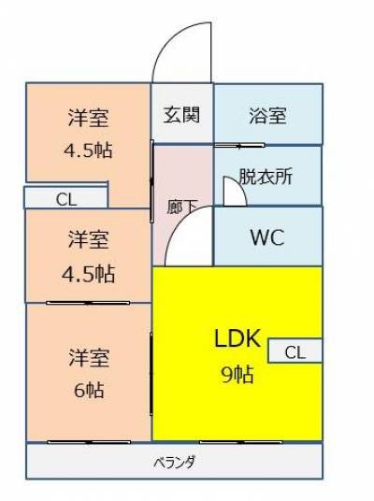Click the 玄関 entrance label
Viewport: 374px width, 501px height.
[181, 115]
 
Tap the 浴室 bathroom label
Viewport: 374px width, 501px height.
[267, 116]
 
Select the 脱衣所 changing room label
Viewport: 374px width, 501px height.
[266, 176]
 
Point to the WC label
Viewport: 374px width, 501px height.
[267, 237]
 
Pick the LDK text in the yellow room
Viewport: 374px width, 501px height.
[237, 338]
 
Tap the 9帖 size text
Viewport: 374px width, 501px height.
[237, 375]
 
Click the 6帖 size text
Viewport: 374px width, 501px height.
[89, 390]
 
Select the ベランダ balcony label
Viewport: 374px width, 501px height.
[175, 462]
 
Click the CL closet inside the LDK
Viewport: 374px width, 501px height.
[295, 351]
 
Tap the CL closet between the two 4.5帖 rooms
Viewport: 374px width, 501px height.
[66, 198]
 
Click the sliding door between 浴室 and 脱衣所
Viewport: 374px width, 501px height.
[239, 146]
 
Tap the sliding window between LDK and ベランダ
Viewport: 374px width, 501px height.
[241, 442]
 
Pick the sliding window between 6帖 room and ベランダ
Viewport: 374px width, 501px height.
[89, 442]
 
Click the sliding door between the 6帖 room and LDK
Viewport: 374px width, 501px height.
[151, 374]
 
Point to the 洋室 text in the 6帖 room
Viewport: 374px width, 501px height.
[89, 358]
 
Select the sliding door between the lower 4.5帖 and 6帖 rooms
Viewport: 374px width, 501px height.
[88, 303]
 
